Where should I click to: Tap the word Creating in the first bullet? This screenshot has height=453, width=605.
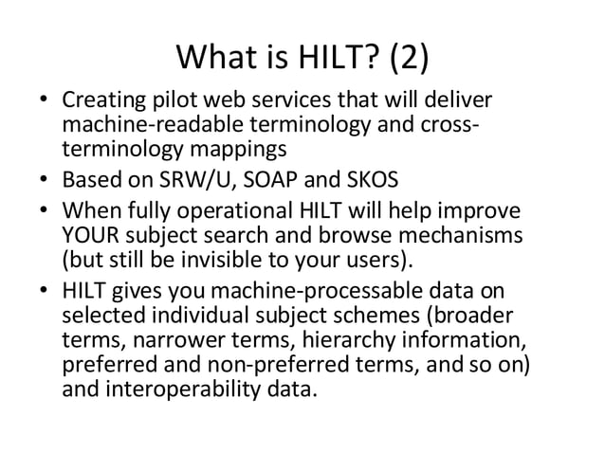(x=99, y=100)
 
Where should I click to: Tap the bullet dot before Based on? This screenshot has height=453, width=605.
(x=46, y=180)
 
